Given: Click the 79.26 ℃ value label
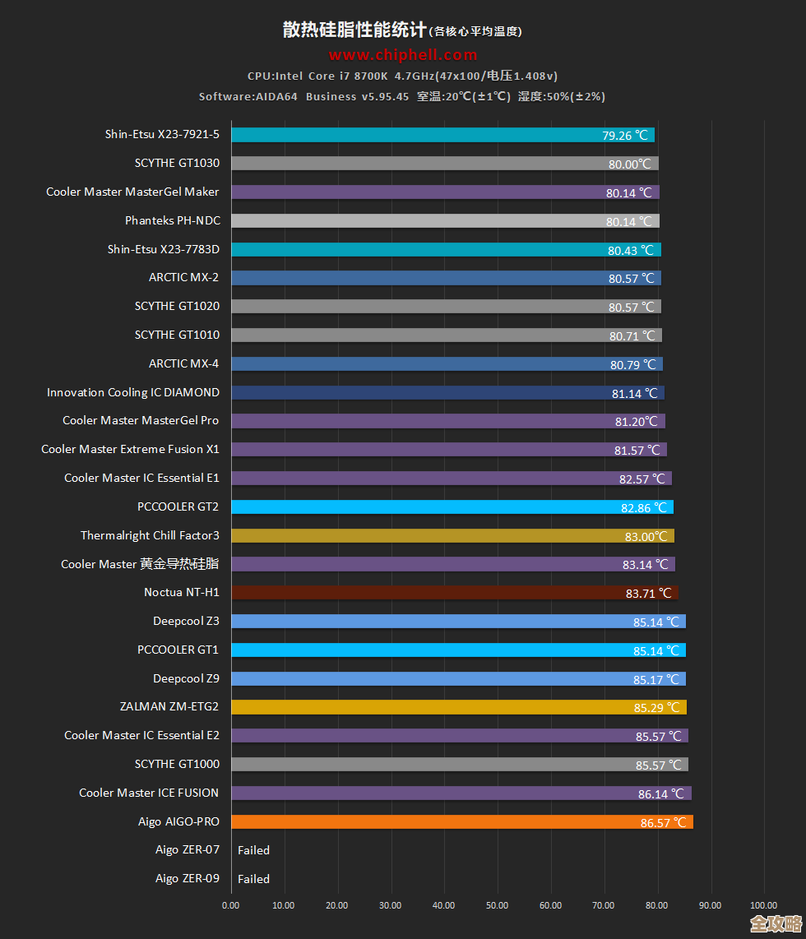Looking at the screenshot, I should [626, 136].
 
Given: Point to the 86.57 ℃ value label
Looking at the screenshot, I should [663, 822].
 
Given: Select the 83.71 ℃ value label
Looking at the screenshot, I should [649, 593].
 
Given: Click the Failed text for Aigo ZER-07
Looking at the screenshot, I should [253, 850].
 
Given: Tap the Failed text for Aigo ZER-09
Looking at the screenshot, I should [253, 879].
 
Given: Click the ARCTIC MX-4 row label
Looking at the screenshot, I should [183, 363].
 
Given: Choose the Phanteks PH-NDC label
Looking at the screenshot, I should [172, 220].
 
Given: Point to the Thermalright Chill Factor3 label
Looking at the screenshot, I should [150, 535].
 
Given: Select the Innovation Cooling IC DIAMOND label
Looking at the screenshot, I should [133, 392].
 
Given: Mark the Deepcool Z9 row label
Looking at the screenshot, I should [186, 678].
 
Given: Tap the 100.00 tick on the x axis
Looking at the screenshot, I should [764, 905].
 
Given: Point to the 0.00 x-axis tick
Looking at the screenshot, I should [231, 905].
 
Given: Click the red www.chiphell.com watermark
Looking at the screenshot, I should [403, 55].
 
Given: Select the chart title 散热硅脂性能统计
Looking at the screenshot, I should [354, 30].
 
